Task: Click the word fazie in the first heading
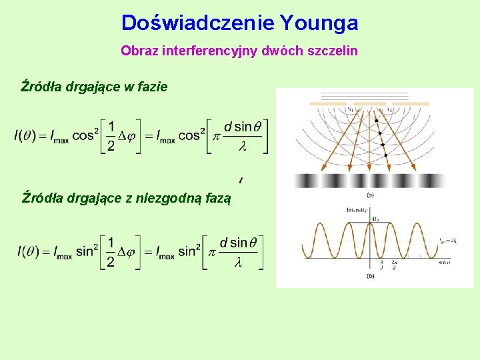[x=151, y=87]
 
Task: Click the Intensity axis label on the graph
[x=356, y=209]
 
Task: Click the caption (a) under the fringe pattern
[x=370, y=195]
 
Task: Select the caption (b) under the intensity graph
[x=370, y=275]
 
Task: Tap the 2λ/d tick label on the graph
[x=394, y=265]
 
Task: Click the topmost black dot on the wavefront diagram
[x=376, y=121]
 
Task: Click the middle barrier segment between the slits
[x=369, y=104]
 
